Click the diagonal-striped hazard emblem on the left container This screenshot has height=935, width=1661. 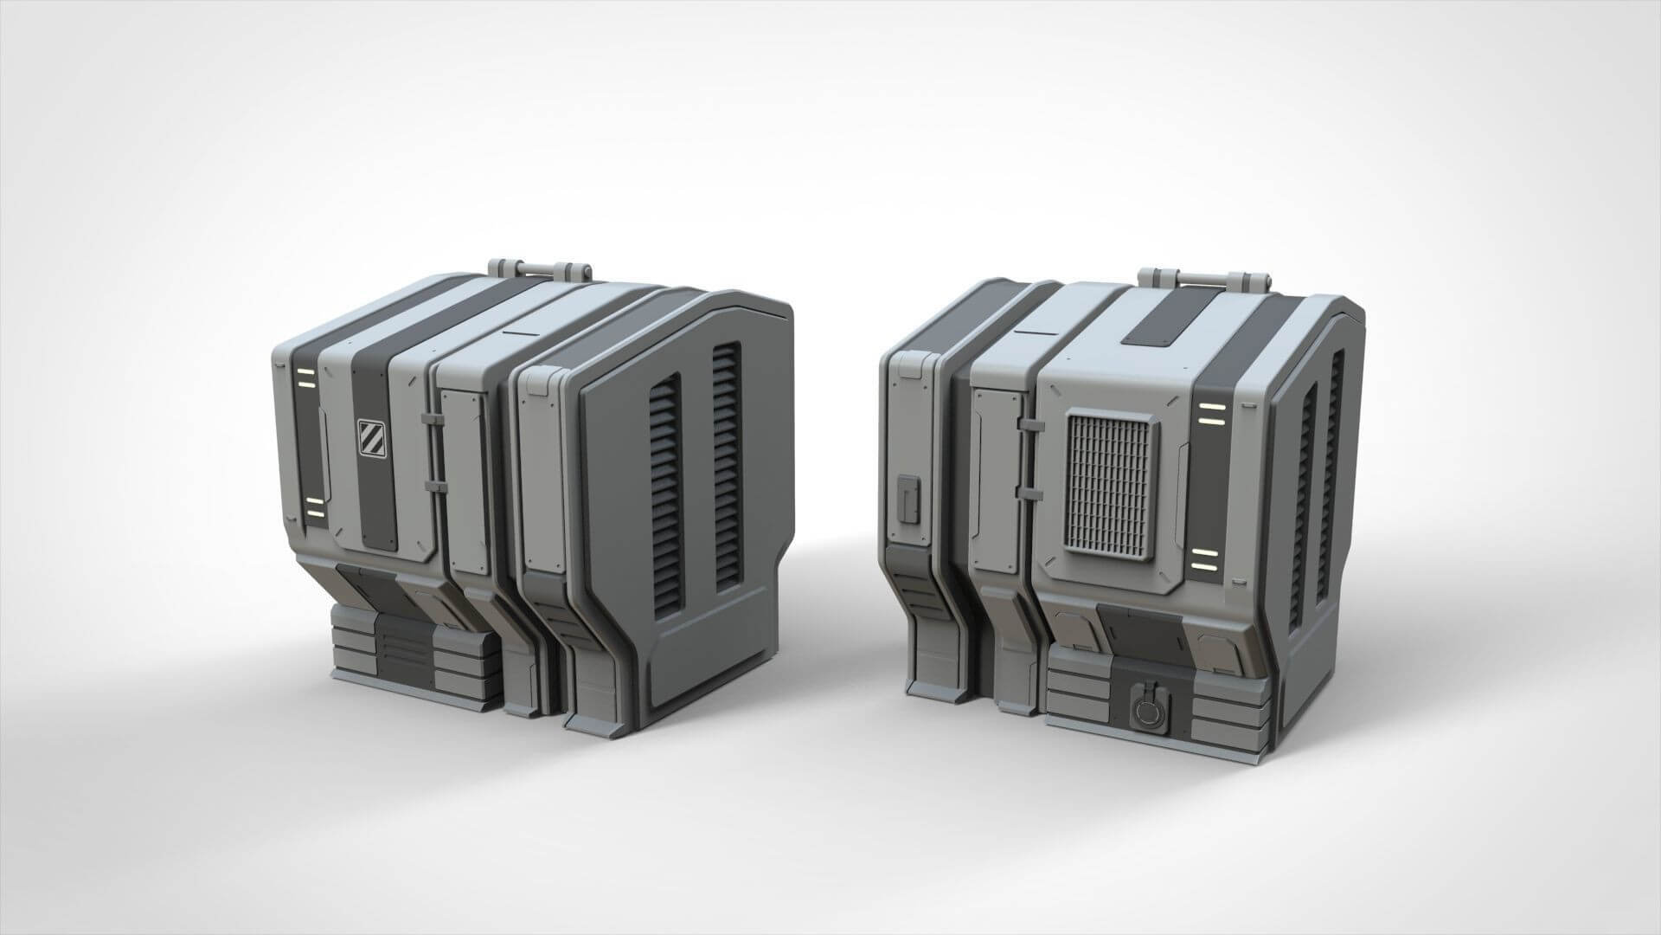point(369,436)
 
